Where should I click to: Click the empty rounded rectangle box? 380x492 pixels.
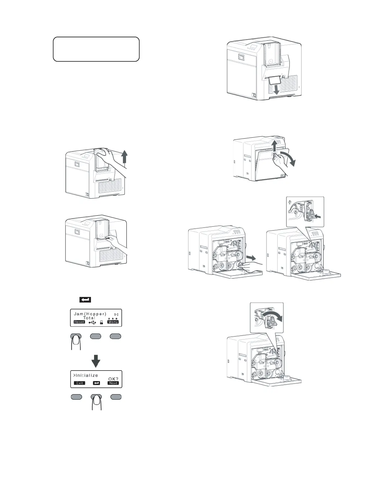click(x=96, y=49)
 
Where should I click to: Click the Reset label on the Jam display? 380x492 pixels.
click(x=79, y=322)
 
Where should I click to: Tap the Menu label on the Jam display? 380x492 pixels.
click(x=113, y=322)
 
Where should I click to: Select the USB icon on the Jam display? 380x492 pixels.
click(x=92, y=322)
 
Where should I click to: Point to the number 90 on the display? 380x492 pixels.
click(x=116, y=315)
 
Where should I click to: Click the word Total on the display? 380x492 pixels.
click(x=89, y=318)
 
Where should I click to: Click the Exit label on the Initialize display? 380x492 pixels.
click(x=79, y=383)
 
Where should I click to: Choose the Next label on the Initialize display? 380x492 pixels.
click(x=113, y=383)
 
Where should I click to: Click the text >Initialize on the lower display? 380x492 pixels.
click(x=86, y=376)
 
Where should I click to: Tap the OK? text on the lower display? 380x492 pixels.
click(x=113, y=379)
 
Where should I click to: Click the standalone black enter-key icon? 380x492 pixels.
click(x=85, y=300)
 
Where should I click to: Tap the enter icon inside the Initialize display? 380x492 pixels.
click(x=97, y=383)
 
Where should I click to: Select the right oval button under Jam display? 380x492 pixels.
click(x=115, y=336)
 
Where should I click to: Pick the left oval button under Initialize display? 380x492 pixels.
click(x=76, y=397)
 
